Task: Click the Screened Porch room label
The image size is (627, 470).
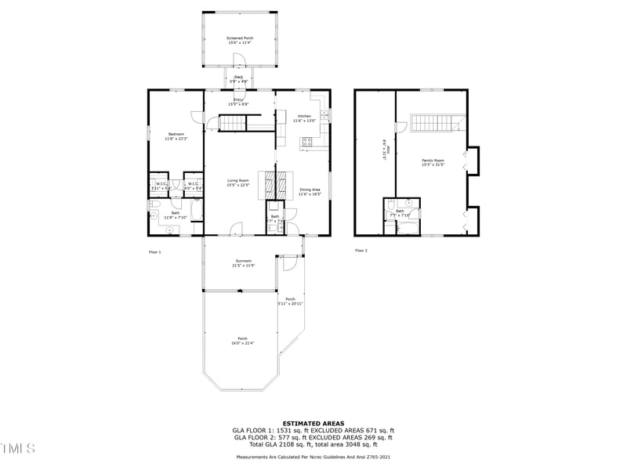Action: click(x=240, y=40)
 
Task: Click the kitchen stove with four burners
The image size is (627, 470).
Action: click(x=307, y=142)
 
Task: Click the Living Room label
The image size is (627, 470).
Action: click(x=238, y=183)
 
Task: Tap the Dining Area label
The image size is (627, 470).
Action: click(x=310, y=190)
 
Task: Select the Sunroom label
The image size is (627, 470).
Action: click(x=244, y=262)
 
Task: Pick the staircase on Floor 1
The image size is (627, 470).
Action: click(x=233, y=122)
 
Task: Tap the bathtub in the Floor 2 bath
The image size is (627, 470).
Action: click(x=408, y=228)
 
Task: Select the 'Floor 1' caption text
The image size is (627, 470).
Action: click(x=154, y=251)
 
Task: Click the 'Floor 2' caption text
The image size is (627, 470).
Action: click(x=361, y=251)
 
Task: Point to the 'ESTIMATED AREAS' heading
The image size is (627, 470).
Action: click(x=313, y=423)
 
